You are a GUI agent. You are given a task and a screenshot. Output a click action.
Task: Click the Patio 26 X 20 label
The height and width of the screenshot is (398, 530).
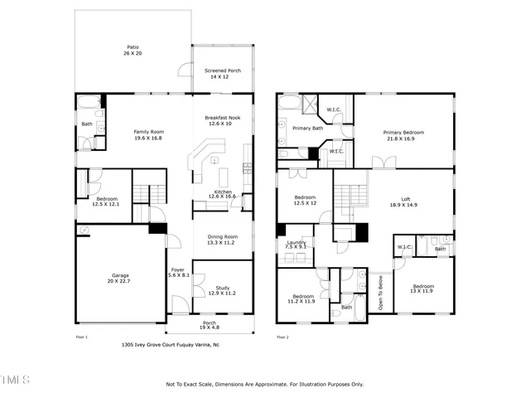[132, 51]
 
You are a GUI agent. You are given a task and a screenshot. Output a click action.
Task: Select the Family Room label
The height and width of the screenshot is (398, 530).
[149, 135]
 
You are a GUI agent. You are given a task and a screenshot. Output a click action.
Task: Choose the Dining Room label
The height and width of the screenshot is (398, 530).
[221, 240]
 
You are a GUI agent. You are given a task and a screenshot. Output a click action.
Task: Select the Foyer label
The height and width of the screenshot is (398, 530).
[179, 272]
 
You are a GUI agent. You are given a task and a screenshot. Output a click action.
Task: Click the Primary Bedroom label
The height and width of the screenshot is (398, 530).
[403, 135]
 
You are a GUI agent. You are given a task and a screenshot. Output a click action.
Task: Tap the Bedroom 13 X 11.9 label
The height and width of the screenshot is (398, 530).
[423, 289]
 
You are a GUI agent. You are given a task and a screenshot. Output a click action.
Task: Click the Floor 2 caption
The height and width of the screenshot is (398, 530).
[282, 337]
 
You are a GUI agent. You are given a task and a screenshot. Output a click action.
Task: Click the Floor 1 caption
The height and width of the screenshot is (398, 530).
[81, 337]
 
